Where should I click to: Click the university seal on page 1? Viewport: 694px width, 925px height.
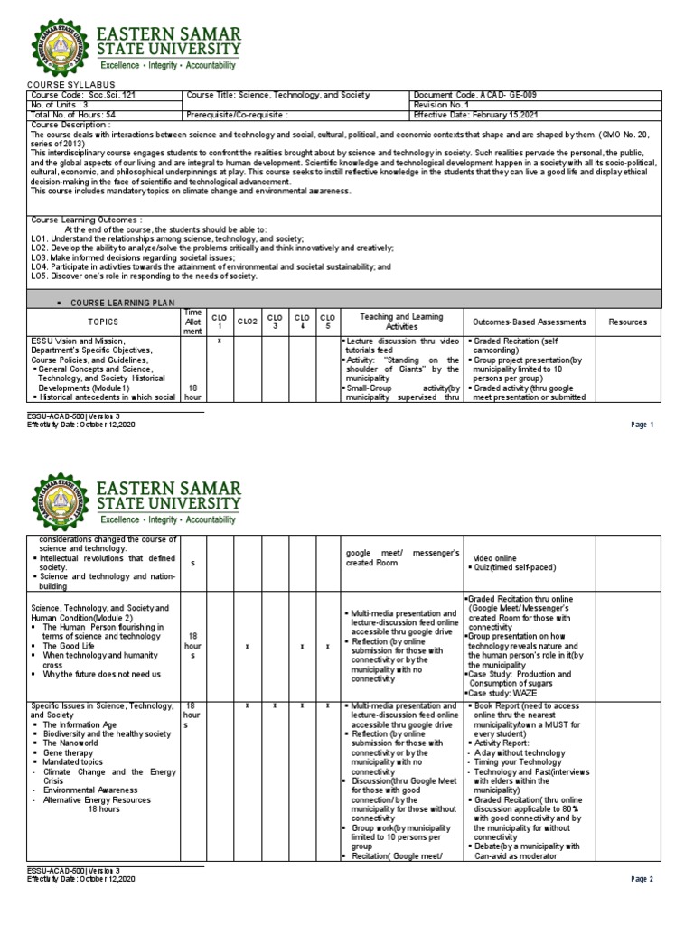tap(61, 48)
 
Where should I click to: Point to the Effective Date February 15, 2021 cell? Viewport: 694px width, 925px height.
tap(475, 116)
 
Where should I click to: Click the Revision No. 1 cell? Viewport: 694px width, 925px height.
tap(443, 105)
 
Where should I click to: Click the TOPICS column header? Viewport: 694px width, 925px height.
tap(102, 322)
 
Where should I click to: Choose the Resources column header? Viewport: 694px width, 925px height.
tap(627, 322)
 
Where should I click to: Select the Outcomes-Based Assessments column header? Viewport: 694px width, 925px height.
tap(529, 322)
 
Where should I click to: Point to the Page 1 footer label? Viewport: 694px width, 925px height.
tap(641, 425)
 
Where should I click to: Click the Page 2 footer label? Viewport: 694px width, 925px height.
tap(641, 878)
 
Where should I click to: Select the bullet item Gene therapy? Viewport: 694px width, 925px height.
tap(69, 752)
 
